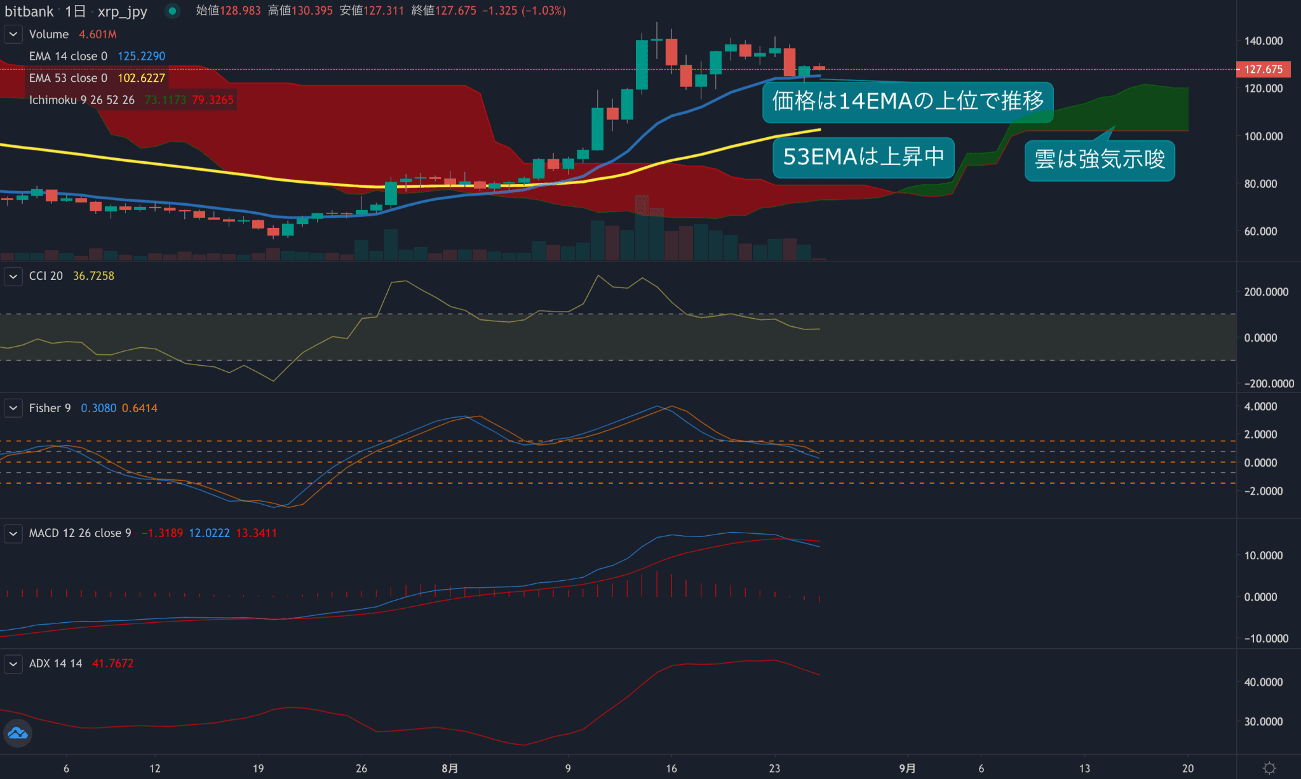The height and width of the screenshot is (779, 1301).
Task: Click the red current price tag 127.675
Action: (x=1263, y=69)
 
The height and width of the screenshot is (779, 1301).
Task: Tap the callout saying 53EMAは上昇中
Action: (x=863, y=157)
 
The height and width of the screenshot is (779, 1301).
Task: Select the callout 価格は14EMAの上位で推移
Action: (x=908, y=101)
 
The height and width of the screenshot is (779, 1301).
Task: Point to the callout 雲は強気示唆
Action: (x=1100, y=159)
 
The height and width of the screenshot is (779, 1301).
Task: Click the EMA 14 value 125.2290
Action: (x=141, y=57)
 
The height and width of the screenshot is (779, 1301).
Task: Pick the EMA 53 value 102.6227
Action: (x=141, y=78)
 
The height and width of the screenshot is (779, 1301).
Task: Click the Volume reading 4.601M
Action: (x=98, y=34)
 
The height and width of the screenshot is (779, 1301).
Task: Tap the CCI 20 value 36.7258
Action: (x=93, y=276)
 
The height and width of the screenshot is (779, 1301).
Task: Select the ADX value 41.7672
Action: (x=112, y=663)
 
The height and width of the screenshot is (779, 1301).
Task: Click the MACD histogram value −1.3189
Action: (x=162, y=533)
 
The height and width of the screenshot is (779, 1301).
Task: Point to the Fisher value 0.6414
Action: (x=139, y=408)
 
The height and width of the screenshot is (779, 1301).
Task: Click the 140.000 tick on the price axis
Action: (x=1263, y=41)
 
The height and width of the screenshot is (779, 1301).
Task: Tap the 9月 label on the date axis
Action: (x=907, y=768)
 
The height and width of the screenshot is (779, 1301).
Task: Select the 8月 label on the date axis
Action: (x=450, y=768)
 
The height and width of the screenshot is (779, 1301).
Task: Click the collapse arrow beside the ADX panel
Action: (x=13, y=664)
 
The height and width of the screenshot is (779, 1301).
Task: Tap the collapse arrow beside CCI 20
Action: (x=13, y=276)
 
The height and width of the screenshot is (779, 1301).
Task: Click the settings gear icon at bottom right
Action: (x=1269, y=768)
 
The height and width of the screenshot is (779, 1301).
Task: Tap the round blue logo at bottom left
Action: (x=18, y=734)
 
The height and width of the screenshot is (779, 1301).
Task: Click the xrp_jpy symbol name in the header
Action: (x=123, y=11)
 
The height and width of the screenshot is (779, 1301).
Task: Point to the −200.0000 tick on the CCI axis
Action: (x=1268, y=383)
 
